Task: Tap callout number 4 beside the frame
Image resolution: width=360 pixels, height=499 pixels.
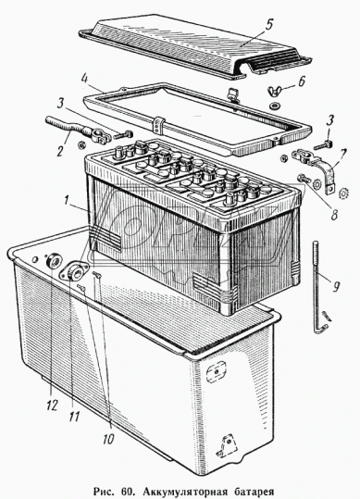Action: point(84,79)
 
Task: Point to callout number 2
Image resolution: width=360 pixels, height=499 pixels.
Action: point(60,151)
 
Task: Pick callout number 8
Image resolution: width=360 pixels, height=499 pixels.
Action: point(334,215)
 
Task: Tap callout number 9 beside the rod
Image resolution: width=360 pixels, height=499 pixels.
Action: point(336,287)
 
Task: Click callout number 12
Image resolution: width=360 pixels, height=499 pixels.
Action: point(52,405)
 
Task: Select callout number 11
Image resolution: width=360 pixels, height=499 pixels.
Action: point(75,417)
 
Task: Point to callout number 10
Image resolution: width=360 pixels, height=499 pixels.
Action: point(107,439)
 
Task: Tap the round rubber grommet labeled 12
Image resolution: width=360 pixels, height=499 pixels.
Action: point(53,261)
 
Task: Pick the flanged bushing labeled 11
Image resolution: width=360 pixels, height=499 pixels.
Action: point(74,271)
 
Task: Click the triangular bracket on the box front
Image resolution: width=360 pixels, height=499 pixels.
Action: point(228,445)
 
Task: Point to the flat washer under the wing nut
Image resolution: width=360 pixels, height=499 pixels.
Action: point(273,105)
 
